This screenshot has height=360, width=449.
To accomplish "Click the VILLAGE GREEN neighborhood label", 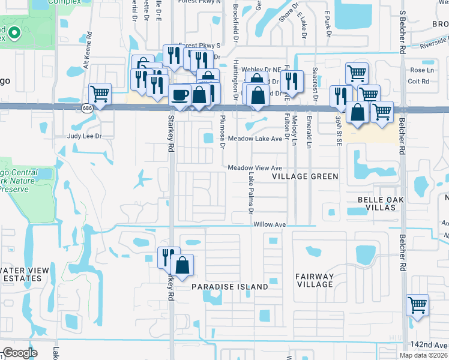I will click(305, 176).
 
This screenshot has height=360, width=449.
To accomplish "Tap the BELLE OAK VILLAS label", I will click(377, 203).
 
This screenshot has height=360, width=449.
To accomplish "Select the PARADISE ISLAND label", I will click(230, 287).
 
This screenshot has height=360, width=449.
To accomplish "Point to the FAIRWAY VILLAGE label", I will click(314, 280).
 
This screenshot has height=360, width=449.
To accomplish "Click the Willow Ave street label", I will click(269, 224).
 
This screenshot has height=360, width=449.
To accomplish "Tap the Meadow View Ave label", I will click(255, 168).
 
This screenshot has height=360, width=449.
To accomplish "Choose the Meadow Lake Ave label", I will click(255, 139).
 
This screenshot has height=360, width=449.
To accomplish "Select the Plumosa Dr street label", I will click(221, 131).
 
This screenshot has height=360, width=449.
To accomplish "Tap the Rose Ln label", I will click(418, 70).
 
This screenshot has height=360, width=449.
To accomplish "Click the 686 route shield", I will click(87, 107).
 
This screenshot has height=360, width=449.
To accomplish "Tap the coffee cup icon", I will click(180, 94).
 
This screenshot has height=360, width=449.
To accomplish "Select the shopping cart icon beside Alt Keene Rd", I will click(100, 93).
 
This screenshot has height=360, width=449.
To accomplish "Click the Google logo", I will click(20, 353).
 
